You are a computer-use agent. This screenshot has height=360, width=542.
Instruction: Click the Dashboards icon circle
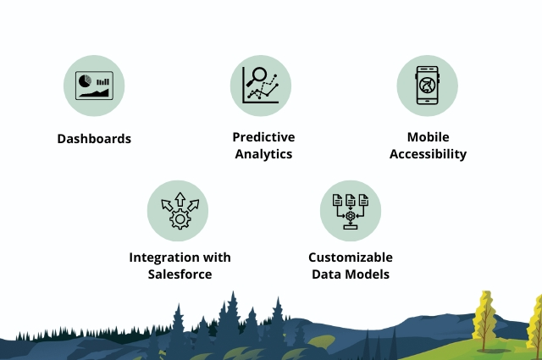tap(94, 86)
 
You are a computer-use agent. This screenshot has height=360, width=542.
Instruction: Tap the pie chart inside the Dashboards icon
tap(85, 82)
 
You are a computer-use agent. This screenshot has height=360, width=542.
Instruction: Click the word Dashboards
tap(94, 138)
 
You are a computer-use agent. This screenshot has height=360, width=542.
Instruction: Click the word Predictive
tap(263, 137)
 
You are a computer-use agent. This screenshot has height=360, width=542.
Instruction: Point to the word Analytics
tap(263, 154)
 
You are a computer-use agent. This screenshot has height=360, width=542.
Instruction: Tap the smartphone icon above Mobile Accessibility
tap(428, 86)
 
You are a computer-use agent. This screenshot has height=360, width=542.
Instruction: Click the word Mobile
tap(428, 137)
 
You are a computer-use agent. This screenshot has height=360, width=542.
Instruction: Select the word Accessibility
tap(428, 154)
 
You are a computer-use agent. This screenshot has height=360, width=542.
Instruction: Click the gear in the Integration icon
tap(180, 219)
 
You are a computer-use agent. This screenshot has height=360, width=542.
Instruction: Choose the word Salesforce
tap(180, 274)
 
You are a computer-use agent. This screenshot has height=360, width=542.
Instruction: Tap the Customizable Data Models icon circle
tap(351, 210)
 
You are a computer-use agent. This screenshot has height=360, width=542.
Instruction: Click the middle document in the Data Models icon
tap(351, 201)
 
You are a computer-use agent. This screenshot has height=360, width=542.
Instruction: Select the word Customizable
tap(351, 258)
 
